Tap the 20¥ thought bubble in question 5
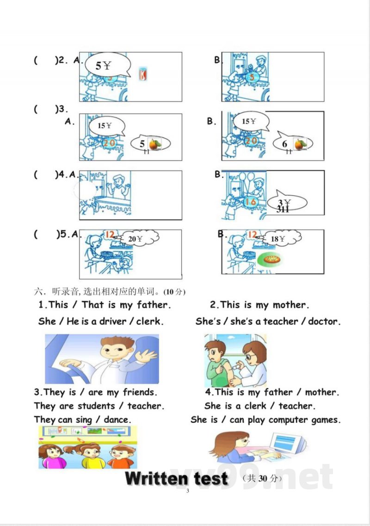click(x=138, y=239)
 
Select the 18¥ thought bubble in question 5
click(x=280, y=239)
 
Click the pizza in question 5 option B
click(x=271, y=260)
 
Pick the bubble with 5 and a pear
click(x=150, y=143)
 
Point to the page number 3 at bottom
click(x=187, y=491)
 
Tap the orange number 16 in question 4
click(x=250, y=201)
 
